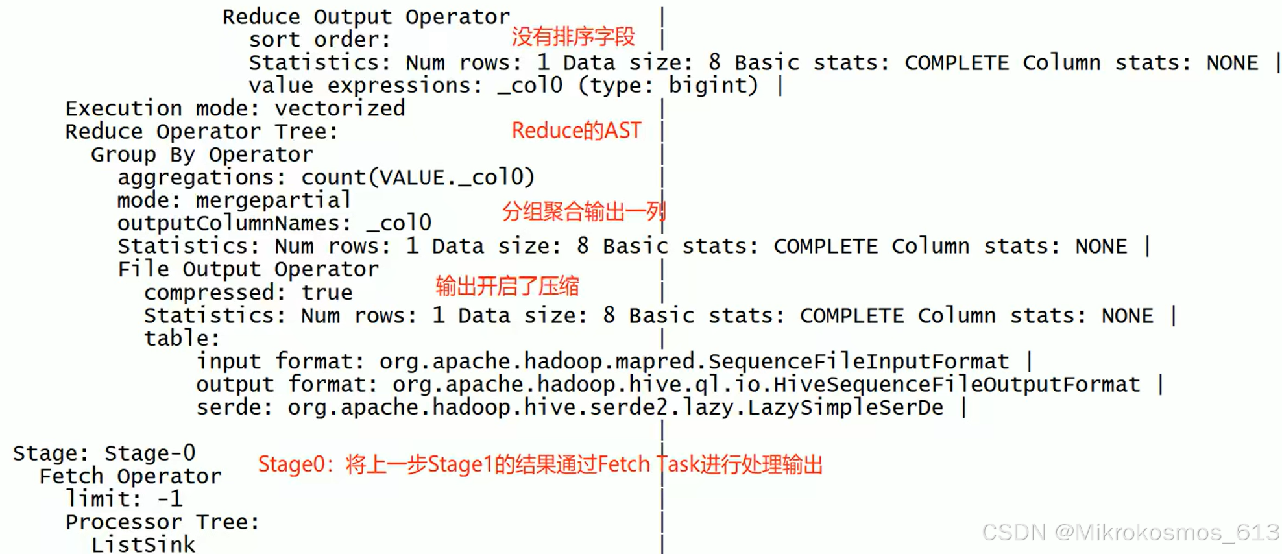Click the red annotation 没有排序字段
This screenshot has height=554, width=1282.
pos(573,37)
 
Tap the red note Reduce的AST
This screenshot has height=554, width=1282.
pos(576,130)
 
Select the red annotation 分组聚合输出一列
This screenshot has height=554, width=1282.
pos(583,211)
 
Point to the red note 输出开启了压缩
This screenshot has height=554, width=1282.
pos(507,285)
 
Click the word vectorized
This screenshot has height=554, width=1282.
pos(340,108)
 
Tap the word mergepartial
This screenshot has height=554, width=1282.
pos(273,200)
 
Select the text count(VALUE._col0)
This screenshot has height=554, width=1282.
pos(418,177)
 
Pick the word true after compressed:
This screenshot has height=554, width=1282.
pos(327,293)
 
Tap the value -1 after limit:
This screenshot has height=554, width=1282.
pos(170,499)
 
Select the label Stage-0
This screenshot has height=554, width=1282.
pos(150,453)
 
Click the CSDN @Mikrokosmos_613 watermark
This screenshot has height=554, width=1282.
pos(1130,533)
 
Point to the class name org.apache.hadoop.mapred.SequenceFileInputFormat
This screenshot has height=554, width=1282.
pos(694,361)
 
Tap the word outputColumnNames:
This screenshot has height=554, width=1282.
pos(234,223)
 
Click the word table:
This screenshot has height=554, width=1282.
pos(182,339)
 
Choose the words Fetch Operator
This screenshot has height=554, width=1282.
pos(130,476)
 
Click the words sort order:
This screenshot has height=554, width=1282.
pos(320,40)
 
